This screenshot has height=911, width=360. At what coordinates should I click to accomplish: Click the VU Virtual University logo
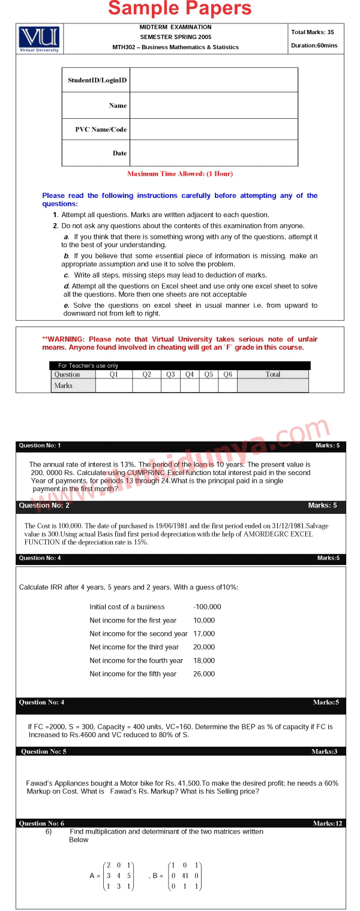pyautogui.click(x=39, y=38)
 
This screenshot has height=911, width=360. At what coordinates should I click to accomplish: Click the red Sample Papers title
pyautogui.click(x=180, y=9)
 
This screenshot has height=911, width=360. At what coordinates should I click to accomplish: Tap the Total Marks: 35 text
pyautogui.click(x=313, y=32)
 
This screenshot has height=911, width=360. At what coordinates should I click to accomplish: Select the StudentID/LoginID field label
pyautogui.click(x=97, y=80)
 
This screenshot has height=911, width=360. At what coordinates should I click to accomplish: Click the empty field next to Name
pyautogui.click(x=214, y=105)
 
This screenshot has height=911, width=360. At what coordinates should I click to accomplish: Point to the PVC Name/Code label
pyautogui.click(x=101, y=130)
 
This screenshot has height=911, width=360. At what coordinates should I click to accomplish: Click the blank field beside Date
pyautogui.click(x=214, y=153)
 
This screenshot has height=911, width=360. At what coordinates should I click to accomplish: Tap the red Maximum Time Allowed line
pyautogui.click(x=180, y=174)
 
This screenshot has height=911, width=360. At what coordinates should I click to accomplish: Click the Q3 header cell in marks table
pyautogui.click(x=170, y=374)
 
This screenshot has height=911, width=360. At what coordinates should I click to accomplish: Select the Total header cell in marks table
pyautogui.click(x=272, y=374)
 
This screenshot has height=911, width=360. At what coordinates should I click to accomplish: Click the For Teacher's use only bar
pyautogui.click(x=88, y=365)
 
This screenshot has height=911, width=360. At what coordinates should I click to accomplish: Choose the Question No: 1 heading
pyautogui.click(x=40, y=446)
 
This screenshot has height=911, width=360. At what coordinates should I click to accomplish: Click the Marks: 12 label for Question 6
pyautogui.click(x=327, y=823)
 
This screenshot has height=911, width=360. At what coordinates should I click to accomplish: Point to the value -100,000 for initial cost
pyautogui.click(x=207, y=607)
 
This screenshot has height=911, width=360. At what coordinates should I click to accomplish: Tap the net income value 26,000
pyautogui.click(x=204, y=674)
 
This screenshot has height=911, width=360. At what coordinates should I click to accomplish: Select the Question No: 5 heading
pyautogui.click(x=43, y=751)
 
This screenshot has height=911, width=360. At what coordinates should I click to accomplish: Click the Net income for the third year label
pyautogui.click(x=134, y=647)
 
